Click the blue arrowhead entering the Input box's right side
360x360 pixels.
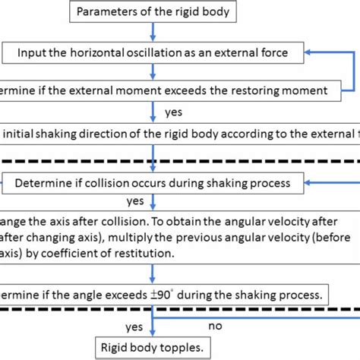[311, 52]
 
